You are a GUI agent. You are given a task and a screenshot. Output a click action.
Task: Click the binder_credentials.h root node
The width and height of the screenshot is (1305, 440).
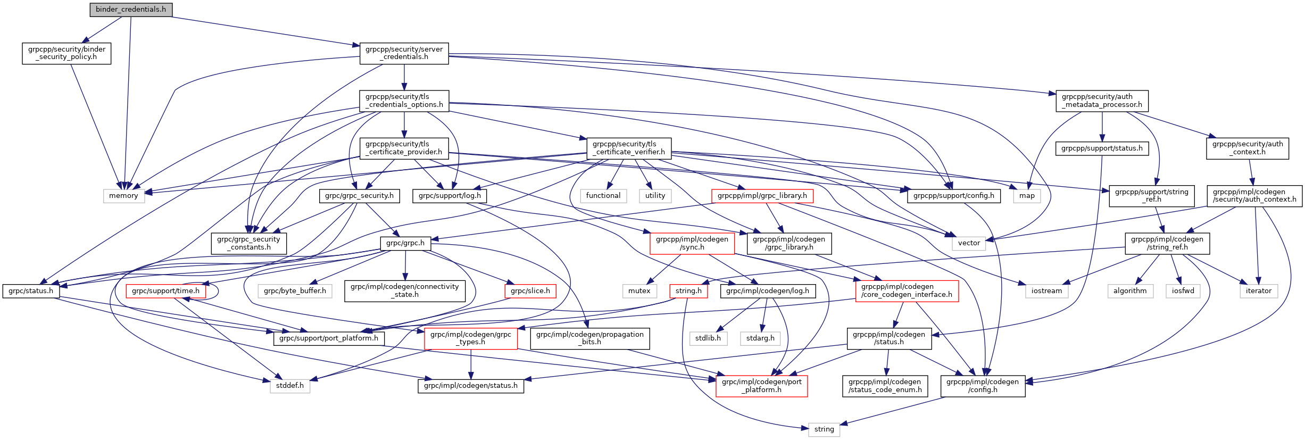tap(131, 10)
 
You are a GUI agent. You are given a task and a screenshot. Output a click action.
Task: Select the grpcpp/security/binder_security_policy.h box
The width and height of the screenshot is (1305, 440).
tap(67, 53)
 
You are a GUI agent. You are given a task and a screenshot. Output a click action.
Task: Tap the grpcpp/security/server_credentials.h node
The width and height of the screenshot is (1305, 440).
tap(404, 53)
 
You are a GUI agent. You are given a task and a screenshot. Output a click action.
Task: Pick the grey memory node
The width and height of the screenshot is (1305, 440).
tap(123, 196)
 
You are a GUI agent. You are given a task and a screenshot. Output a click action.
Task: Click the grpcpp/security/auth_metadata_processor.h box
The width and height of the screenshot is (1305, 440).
tap(1102, 101)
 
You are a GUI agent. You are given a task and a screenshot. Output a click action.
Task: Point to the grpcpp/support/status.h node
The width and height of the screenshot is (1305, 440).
tap(1102, 148)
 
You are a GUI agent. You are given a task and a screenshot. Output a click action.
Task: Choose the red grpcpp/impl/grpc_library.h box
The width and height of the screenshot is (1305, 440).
tap(762, 196)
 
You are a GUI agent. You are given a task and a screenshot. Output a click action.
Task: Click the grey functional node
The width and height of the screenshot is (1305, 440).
tap(603, 196)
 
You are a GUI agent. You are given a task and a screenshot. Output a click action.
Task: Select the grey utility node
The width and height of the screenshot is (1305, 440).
tap(655, 196)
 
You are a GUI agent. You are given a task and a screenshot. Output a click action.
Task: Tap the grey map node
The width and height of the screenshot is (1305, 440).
tap(1027, 196)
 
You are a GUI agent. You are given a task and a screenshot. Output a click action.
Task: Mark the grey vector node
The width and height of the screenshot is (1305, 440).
tap(969, 243)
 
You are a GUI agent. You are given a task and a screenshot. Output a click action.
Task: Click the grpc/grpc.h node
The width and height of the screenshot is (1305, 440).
tap(405, 243)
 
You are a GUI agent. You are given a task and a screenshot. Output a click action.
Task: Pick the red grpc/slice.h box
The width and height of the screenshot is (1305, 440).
tap(530, 291)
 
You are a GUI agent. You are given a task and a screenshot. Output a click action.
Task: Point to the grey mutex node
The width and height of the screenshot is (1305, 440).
tap(639, 291)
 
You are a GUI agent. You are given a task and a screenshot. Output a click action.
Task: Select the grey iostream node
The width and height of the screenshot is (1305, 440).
tap(1046, 291)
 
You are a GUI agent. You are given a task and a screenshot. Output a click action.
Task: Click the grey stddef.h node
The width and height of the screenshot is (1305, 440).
tap(290, 386)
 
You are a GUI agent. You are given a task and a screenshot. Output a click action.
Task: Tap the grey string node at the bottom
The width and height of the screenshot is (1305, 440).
tap(824, 429)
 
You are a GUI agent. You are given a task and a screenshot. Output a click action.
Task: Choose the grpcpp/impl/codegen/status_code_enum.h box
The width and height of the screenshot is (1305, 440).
tap(885, 386)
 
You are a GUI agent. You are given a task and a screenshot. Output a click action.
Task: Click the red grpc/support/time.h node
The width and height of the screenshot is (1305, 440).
tap(165, 291)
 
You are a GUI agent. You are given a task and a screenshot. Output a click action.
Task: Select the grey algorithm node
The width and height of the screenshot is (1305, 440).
tap(1130, 291)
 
